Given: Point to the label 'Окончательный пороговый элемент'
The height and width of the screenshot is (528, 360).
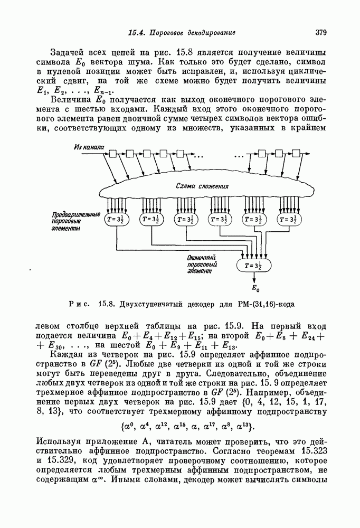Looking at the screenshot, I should [x=203, y=262].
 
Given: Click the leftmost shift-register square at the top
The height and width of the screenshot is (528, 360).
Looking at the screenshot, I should [x=112, y=154].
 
